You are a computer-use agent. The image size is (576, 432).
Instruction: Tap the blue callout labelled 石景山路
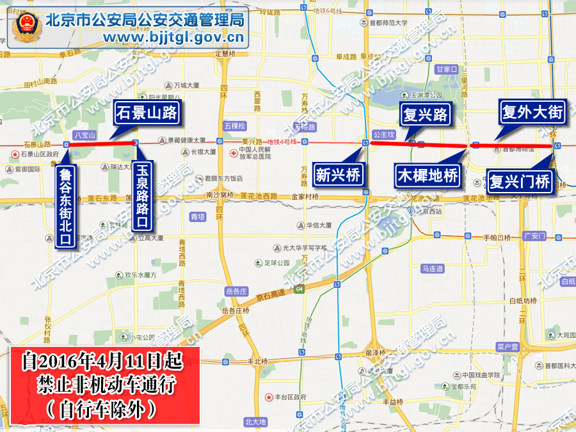coord(146,113)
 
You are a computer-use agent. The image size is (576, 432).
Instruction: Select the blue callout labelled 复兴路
coord(424,115)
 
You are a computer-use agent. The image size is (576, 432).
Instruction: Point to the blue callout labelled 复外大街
coord(532,113)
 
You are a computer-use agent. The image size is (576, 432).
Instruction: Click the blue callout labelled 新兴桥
coord(339,175)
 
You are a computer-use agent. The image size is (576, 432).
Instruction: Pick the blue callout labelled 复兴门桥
coord(519,181)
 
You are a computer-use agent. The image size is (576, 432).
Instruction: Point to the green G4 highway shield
coord(299,290)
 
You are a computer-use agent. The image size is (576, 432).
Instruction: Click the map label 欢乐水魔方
coord(140,275)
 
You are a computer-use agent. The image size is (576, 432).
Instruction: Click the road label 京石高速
coord(269,296)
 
